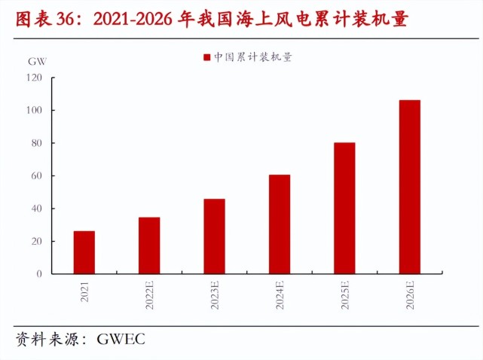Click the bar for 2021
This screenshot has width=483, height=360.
point(84,252)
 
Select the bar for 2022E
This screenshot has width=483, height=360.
point(149,246)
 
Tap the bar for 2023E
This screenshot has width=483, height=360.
point(214,236)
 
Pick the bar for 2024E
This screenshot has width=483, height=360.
point(280,224)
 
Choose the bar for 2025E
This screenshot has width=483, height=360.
point(344,208)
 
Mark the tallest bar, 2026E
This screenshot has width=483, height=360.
point(410,187)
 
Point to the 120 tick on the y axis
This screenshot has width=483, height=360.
point(35,78)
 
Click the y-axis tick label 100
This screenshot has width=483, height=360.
point(35,111)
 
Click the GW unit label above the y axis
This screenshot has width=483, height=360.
point(35,60)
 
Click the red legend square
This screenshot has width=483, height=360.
point(206,57)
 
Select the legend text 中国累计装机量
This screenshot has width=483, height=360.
point(252,57)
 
